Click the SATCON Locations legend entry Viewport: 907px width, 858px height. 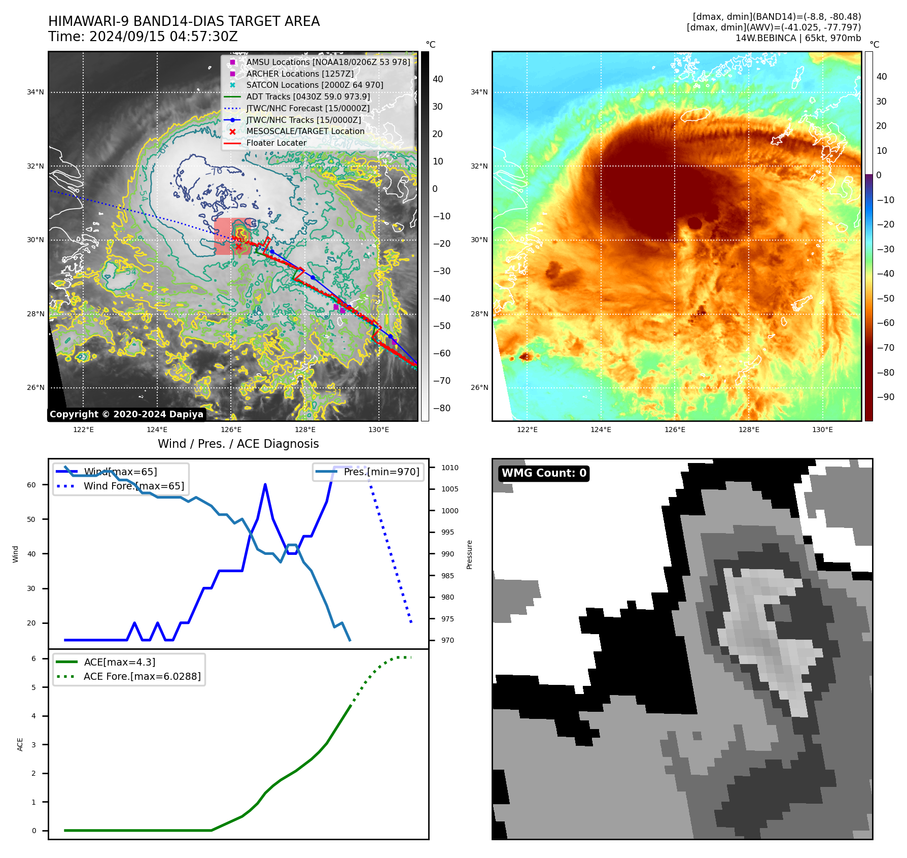click(x=315, y=85)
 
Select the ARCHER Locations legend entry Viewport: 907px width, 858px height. click(x=300, y=74)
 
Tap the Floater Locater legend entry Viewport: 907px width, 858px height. click(x=276, y=143)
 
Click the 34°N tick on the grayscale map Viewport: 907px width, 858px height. click(x=36, y=92)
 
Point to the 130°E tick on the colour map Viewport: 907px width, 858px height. click(x=822, y=430)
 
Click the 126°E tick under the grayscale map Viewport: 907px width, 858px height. click(x=231, y=430)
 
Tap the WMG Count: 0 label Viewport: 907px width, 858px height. click(x=544, y=473)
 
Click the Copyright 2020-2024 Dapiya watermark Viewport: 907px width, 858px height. click(x=126, y=414)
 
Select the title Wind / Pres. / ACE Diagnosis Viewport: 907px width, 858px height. click(x=238, y=444)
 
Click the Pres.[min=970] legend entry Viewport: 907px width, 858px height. click(x=381, y=472)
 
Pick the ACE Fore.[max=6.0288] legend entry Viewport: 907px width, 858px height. click(x=142, y=677)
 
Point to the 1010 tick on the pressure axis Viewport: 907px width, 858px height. click(x=449, y=468)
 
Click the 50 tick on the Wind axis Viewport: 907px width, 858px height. click(x=31, y=519)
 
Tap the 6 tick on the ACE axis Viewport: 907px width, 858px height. click(x=33, y=658)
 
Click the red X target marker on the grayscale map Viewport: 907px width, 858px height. click(x=238, y=247)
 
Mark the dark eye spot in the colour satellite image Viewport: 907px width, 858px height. click(x=694, y=222)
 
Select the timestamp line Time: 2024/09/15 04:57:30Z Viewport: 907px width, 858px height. click(x=143, y=37)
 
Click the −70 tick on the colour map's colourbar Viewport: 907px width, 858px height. click(x=886, y=348)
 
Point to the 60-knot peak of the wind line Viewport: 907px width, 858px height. click(x=265, y=485)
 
